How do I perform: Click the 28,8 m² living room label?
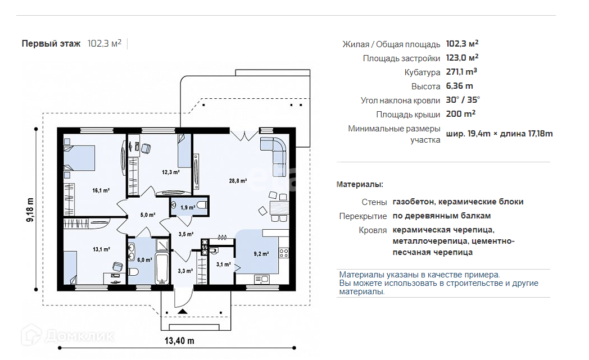click(x=238, y=181)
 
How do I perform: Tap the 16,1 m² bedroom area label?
click(x=101, y=191)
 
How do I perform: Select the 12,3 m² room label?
click(x=170, y=172)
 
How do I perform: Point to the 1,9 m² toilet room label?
click(x=188, y=208)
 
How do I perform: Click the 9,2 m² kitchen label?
click(x=261, y=254)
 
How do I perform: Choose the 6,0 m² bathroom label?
click(x=144, y=260)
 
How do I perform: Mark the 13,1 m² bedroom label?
click(x=101, y=249)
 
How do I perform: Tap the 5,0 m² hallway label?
click(x=148, y=215)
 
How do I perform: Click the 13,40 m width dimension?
click(x=179, y=341)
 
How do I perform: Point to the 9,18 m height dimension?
click(x=30, y=209)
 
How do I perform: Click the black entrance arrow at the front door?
click(x=183, y=311)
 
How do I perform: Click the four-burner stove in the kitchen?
click(x=284, y=253)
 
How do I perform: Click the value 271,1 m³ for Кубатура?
click(x=461, y=71)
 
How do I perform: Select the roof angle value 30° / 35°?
click(x=463, y=100)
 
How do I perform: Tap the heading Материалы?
click(x=360, y=184)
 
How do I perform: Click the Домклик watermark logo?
click(x=67, y=335)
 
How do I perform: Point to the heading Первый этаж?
click(x=51, y=44)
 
